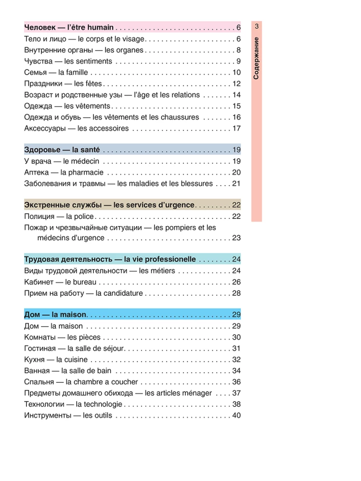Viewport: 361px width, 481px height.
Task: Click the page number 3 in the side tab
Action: pyautogui.click(x=257, y=26)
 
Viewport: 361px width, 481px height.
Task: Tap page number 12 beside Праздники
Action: pyautogui.click(x=236, y=84)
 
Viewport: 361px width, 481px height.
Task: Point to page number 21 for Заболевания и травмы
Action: pyautogui.click(x=236, y=183)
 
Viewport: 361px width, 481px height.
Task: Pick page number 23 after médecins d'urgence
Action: pyautogui.click(x=236, y=238)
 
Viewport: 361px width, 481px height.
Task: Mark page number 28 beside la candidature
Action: pyautogui.click(x=236, y=293)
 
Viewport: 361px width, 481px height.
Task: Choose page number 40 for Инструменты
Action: pyautogui.click(x=236, y=415)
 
